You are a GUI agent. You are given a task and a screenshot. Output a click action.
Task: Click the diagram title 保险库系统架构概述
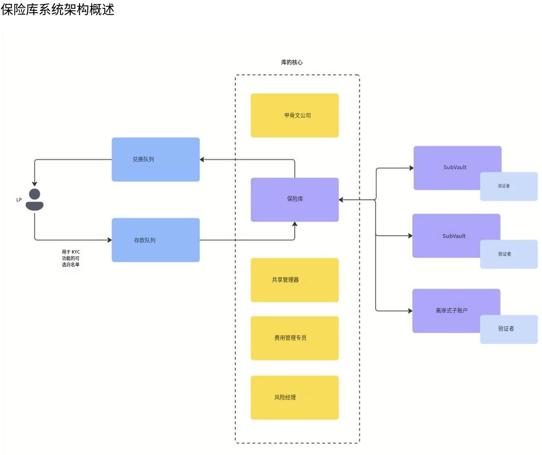point(58,10)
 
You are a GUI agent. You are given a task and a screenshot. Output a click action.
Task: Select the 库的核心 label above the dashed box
point(292,62)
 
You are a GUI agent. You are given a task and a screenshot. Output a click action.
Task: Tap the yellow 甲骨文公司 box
point(294,116)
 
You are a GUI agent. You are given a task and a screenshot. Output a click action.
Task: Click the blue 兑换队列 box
point(155,159)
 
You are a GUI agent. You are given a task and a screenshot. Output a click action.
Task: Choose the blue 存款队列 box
point(155,240)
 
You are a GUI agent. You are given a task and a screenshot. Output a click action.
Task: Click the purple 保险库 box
point(294,199)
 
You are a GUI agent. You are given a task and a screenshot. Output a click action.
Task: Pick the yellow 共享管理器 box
point(294,280)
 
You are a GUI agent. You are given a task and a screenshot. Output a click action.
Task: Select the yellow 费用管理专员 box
point(294,338)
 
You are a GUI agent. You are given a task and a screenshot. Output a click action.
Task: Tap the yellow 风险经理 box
point(294,397)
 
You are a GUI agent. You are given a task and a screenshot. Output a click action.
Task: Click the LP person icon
point(35,199)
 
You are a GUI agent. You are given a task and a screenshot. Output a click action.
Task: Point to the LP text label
point(19,199)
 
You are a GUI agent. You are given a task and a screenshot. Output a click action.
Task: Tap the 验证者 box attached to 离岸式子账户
point(508,329)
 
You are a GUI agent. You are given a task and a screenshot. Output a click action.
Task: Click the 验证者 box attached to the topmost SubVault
point(508,186)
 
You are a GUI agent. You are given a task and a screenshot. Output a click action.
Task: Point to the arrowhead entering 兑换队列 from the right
point(203,159)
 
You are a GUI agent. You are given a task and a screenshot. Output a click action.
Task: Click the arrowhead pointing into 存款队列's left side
point(109,240)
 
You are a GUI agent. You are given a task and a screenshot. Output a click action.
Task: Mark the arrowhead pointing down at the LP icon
point(35,183)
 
